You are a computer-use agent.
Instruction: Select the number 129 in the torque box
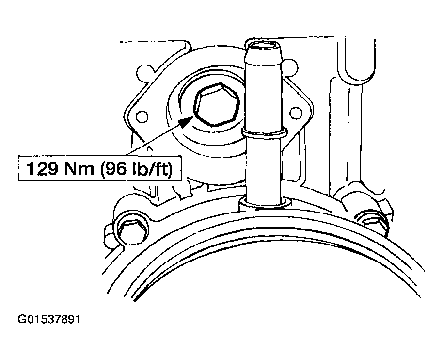pyautogui.click(x=42, y=168)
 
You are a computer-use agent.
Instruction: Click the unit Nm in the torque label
pyautogui.click(x=79, y=169)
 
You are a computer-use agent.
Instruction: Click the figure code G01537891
pyautogui.click(x=49, y=320)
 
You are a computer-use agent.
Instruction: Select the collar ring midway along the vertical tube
pyautogui.click(x=265, y=132)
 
